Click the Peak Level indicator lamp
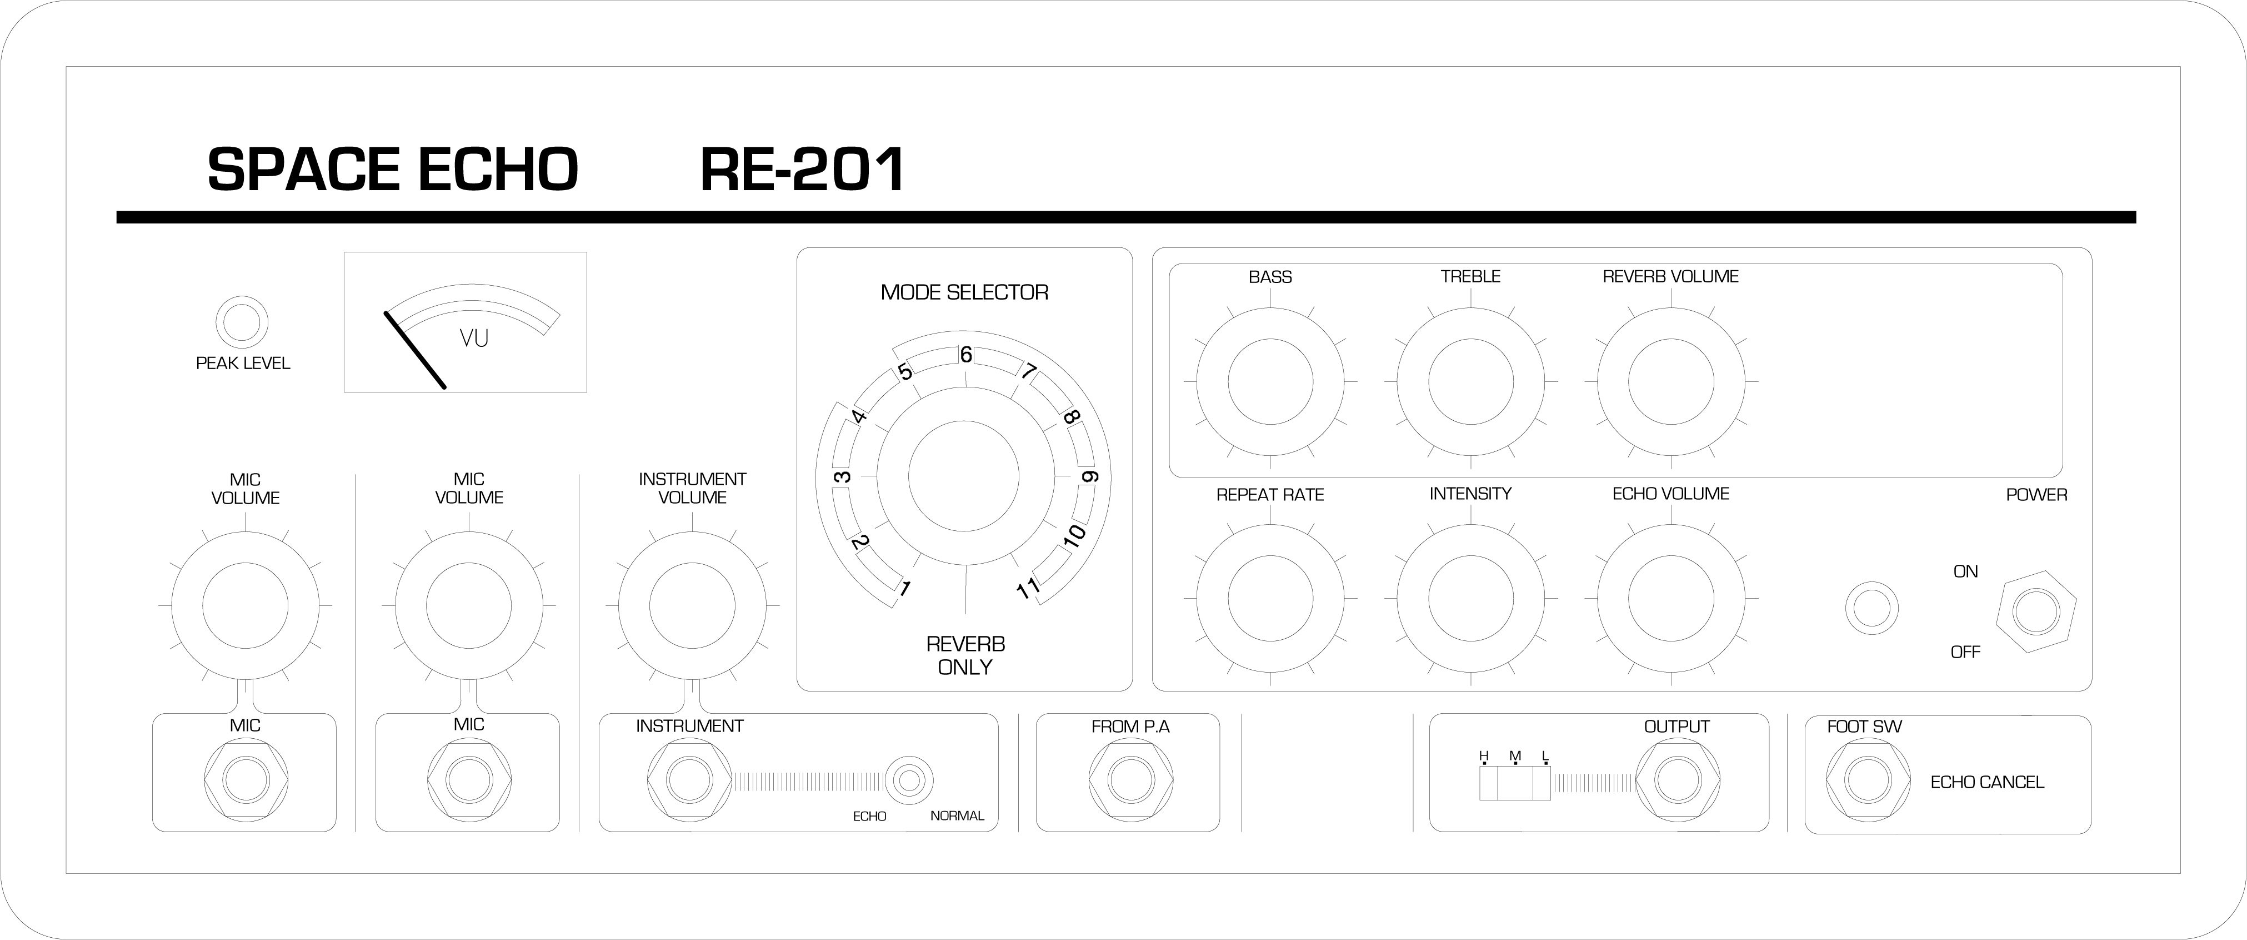click(243, 322)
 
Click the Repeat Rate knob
click(1270, 599)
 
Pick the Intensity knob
click(1470, 599)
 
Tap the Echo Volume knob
click(1672, 599)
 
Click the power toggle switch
click(2036, 612)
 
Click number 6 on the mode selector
click(965, 355)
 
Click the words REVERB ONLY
click(965, 655)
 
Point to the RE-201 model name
click(803, 170)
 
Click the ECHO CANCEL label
click(1987, 782)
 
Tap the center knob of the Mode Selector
click(964, 476)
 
